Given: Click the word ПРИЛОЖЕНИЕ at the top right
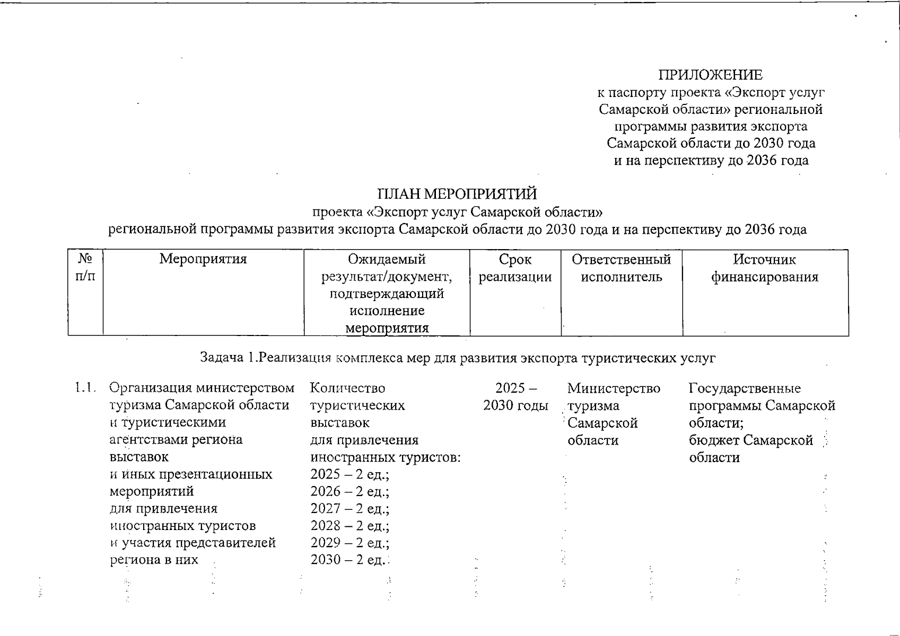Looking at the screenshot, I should click(711, 75).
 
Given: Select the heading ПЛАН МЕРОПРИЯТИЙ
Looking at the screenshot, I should click(457, 194).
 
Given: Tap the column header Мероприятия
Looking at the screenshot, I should click(203, 259).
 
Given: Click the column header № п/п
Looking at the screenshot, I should click(85, 268).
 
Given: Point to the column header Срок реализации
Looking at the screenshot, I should click(515, 268).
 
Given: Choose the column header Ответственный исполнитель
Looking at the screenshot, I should click(622, 268).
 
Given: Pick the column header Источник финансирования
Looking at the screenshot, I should click(765, 268).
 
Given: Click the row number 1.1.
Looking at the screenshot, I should click(85, 388).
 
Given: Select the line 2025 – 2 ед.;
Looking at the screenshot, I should click(350, 474).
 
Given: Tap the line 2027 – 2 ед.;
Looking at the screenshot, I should click(350, 509).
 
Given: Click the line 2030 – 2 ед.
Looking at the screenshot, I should click(349, 560).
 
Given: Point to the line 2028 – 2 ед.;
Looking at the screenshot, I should click(350, 526).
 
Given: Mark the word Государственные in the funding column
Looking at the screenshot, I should click(745, 388).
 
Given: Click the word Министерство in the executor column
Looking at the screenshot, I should click(614, 388).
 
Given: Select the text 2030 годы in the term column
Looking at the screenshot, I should click(515, 406).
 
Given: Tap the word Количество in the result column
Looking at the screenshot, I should click(347, 388).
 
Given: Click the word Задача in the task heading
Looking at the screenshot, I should click(221, 358).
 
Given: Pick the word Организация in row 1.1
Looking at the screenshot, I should click(151, 388).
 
